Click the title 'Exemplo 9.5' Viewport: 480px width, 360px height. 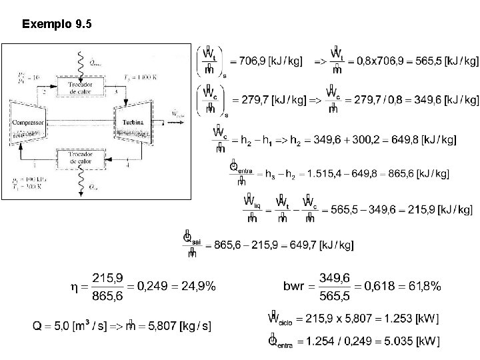57,25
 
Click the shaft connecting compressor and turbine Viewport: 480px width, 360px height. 83,120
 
